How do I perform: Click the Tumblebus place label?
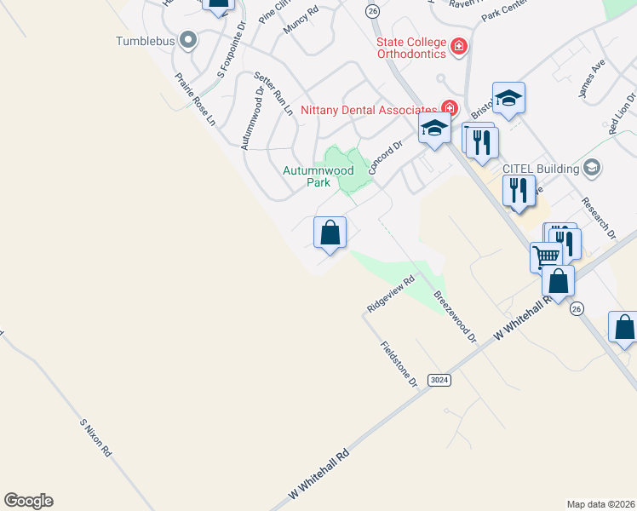click(147, 40)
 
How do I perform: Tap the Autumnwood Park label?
click(318, 176)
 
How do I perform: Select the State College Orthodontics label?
click(412, 48)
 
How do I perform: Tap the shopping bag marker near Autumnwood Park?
click(330, 233)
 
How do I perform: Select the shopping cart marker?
click(546, 255)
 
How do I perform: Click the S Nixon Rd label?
click(95, 439)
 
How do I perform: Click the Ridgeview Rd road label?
click(390, 292)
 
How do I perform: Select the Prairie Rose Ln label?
click(195, 99)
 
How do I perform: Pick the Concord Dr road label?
click(385, 158)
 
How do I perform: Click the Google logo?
click(28, 501)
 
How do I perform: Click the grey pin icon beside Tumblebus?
click(188, 39)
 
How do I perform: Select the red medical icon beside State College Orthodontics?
click(459, 46)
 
